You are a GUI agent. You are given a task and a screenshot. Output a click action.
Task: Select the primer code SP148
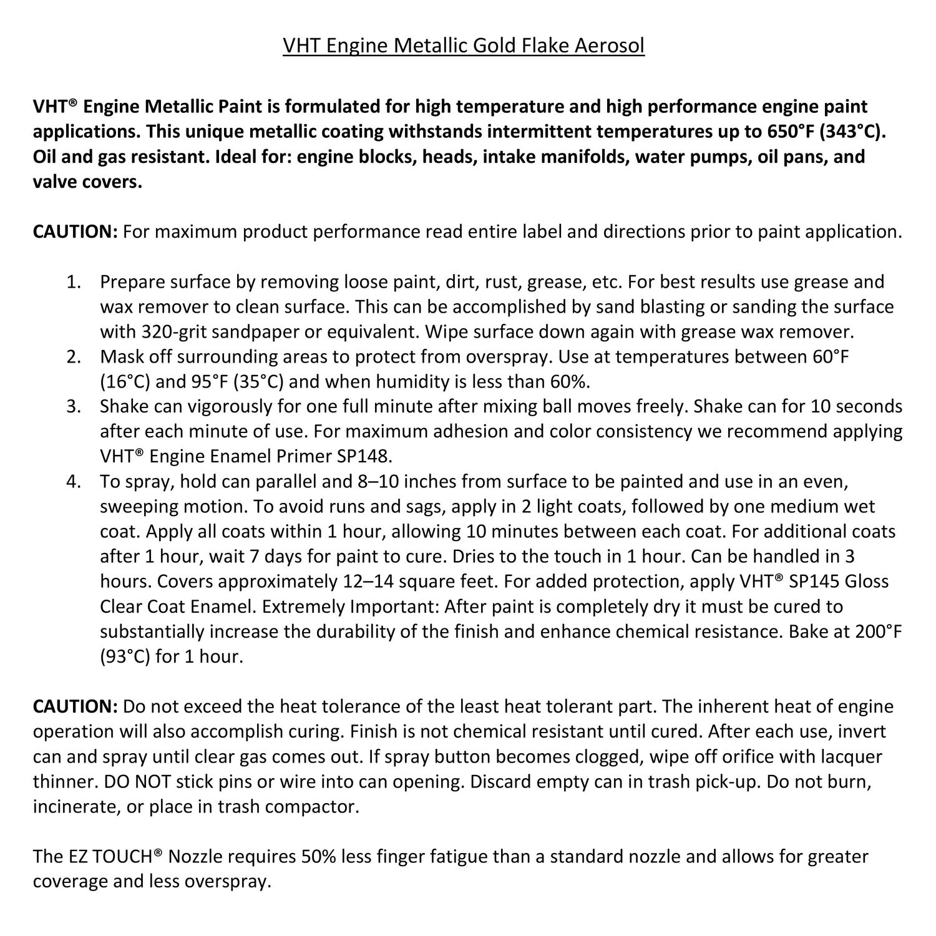pos(364,456)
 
